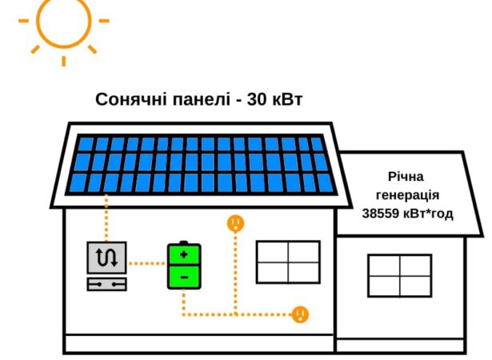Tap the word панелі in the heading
[201, 100]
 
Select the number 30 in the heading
[257, 99]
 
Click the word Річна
[406, 177]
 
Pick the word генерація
[407, 195]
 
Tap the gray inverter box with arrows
[106, 258]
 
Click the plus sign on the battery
[184, 254]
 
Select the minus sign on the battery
[185, 277]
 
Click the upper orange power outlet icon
[236, 223]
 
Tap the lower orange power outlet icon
[300, 314]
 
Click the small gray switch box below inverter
[106, 284]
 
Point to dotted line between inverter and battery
[147, 263]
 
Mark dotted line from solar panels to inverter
[106, 218]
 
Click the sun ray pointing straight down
[64, 61]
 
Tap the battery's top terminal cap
[183, 242]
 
